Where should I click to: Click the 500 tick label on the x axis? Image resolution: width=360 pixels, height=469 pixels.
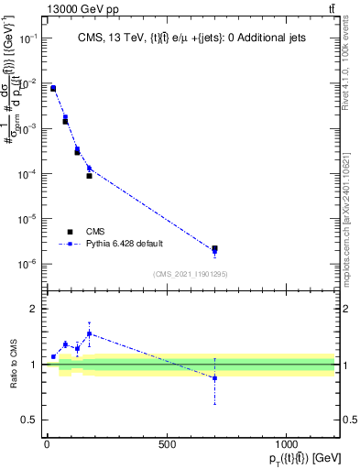tap(167, 444)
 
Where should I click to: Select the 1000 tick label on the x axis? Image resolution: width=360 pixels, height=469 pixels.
tap(287, 444)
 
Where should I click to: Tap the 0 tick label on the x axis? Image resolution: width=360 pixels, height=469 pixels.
tap(47, 444)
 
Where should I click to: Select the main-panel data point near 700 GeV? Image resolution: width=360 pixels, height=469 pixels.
tap(214, 249)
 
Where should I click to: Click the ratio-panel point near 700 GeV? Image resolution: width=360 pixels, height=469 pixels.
tap(214, 377)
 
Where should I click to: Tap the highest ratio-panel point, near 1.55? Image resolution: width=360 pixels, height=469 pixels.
tap(89, 333)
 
